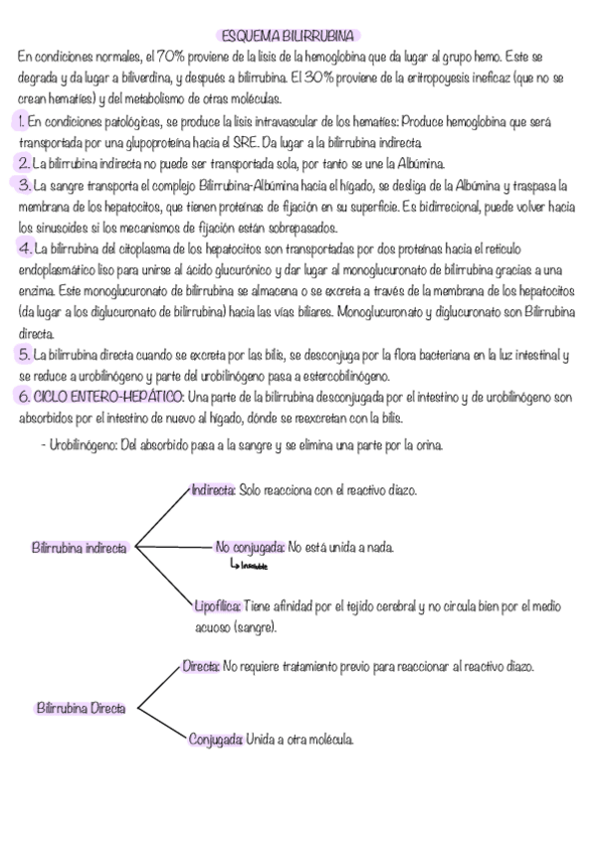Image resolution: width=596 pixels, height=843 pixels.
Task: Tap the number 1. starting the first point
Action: pyautogui.click(x=22, y=121)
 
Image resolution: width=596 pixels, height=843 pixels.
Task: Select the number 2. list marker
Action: pyautogui.click(x=23, y=163)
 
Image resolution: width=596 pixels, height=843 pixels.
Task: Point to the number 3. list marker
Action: pyautogui.click(x=24, y=185)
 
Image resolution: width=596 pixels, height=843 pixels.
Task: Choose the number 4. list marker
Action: pyautogui.click(x=24, y=247)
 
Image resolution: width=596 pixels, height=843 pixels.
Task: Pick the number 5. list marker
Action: pyautogui.click(x=24, y=353)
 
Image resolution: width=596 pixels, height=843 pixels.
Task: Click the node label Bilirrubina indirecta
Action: pyautogui.click(x=80, y=547)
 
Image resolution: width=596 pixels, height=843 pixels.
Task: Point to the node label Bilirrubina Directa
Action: pyautogui.click(x=81, y=708)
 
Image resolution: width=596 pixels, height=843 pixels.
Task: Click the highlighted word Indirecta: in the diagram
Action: pyautogui.click(x=213, y=490)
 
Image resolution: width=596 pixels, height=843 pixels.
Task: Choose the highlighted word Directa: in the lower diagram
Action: pyautogui.click(x=201, y=665)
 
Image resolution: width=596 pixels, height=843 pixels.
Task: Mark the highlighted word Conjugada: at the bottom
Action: pyautogui.click(x=216, y=739)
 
